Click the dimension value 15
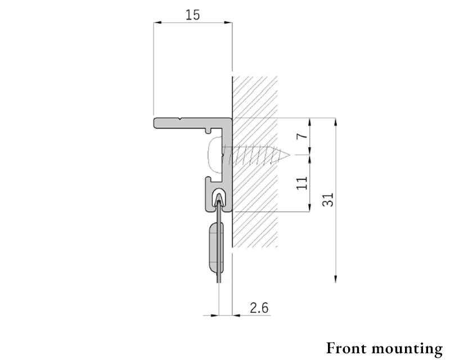pos(192,15)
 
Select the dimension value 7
pos(302,135)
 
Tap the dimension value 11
pos(302,183)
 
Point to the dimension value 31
pos(328,200)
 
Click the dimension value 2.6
pos(259,308)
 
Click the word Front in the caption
pos(346,348)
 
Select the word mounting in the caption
pos(407,349)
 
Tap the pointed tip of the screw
pos(289,155)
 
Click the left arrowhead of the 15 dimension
pos(157,22)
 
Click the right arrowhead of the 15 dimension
pos(228,22)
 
